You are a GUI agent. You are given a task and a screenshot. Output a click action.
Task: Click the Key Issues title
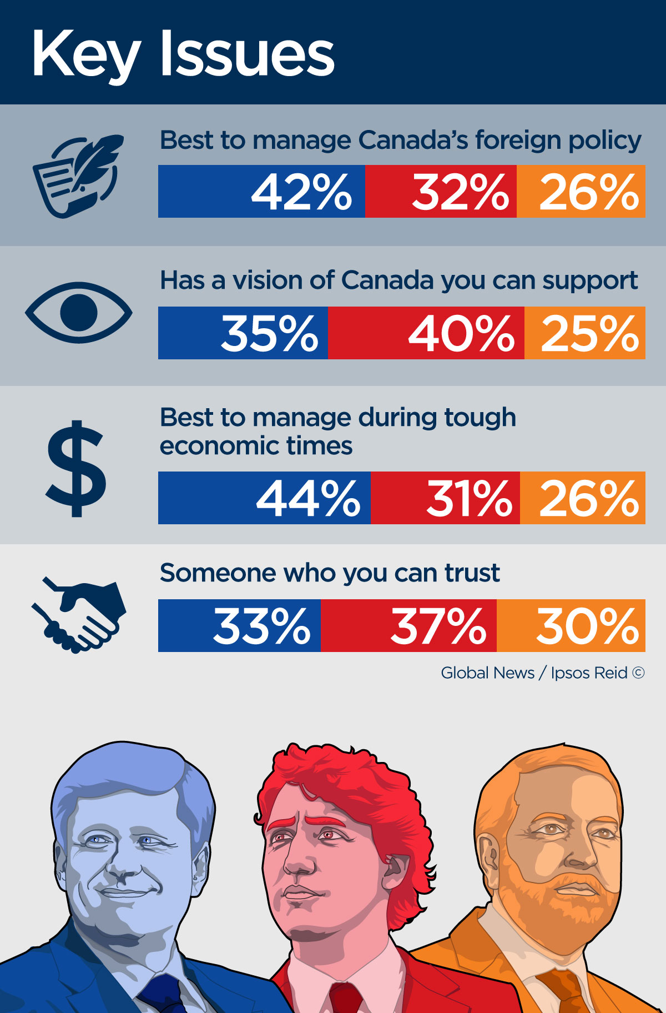pos(183,54)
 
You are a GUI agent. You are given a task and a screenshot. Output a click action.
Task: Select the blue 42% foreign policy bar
pos(261,191)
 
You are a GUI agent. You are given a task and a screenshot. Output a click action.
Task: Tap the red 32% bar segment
pos(441,191)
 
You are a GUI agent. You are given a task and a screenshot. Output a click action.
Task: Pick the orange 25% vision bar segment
pos(585,333)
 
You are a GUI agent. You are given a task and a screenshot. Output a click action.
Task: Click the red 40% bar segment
pos(426,333)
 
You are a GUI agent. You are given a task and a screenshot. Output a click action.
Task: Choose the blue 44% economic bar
pos(264,498)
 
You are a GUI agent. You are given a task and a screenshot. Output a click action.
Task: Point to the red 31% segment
pos(445,498)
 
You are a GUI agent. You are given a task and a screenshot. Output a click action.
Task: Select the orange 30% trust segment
pos(571,625)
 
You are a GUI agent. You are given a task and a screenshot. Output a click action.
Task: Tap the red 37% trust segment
pos(408,625)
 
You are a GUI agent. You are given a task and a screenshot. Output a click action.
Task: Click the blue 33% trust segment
pos(239,625)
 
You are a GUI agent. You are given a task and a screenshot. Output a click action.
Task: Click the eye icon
pos(79,312)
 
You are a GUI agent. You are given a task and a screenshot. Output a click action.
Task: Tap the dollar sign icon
pos(76,468)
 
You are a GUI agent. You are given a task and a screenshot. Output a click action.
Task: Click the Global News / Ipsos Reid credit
pos(542,673)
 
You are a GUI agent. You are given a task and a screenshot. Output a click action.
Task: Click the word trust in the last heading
pos(472,573)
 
